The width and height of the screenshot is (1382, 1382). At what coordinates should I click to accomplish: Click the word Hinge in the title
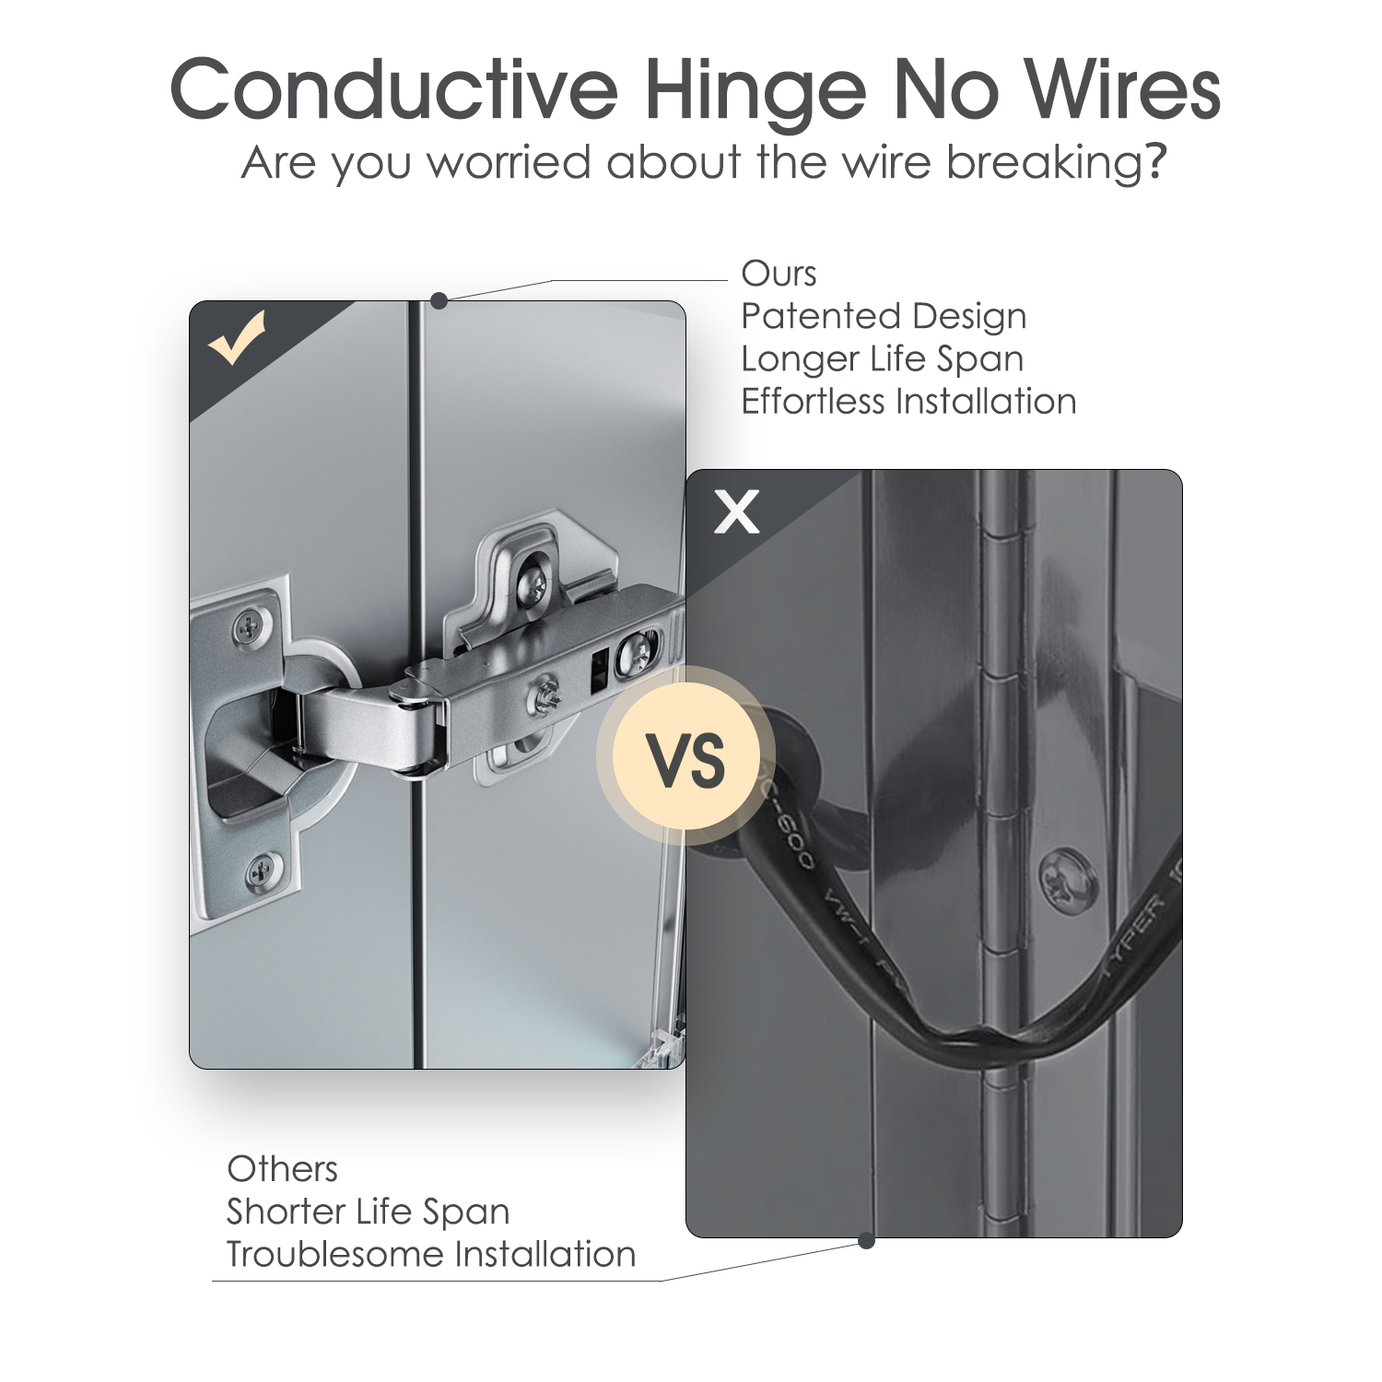755,90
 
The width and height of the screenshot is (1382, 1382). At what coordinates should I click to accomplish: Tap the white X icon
737,511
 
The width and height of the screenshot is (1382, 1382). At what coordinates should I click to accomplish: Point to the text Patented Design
883,316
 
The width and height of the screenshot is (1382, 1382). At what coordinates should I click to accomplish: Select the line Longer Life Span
882,358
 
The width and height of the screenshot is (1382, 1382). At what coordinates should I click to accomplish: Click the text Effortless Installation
908,402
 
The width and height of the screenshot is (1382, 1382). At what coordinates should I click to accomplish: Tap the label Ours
779,274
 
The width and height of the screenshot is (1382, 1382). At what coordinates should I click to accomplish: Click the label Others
282,1169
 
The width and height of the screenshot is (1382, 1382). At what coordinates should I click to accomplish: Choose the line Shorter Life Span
368,1212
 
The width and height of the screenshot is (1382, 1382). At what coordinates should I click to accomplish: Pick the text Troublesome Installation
430,1255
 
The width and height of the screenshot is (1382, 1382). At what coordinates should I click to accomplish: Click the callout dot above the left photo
439,300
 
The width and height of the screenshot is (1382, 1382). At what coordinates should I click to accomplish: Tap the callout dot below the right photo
866,1241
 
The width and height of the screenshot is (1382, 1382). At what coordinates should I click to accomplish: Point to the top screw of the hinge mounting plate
532,581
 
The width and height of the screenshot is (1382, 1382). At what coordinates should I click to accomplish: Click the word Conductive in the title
393,90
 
